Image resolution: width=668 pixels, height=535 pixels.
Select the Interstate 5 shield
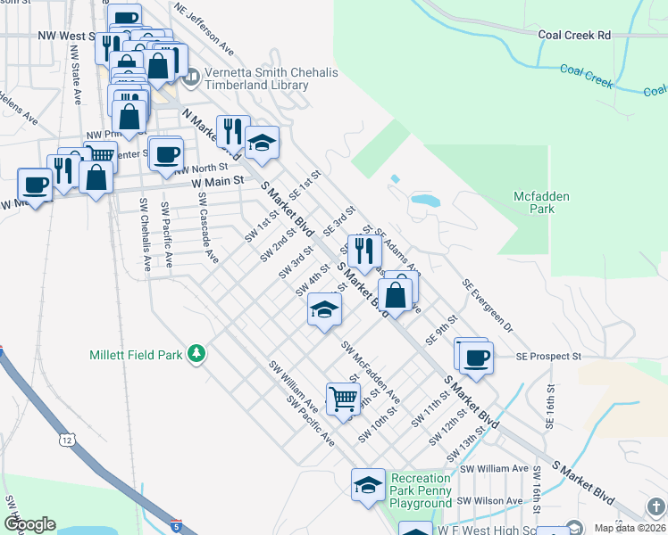tap(175, 526)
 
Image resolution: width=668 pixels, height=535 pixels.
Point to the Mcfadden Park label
tap(541, 202)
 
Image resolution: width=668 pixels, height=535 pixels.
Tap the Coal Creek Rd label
tap(574, 35)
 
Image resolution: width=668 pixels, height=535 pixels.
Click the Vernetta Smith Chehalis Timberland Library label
tap(256, 79)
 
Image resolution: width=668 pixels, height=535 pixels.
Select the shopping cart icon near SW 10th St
tap(342, 398)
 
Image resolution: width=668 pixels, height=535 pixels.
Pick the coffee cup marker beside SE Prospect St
tap(475, 357)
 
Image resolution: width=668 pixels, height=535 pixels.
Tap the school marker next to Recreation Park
tap(367, 485)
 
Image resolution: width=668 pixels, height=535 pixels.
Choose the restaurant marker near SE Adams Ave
tap(363, 251)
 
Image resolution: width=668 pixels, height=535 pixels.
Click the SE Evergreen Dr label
tap(488, 304)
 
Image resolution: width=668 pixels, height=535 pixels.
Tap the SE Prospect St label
tap(548, 356)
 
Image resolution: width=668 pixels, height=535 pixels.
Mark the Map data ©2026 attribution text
tap(629, 528)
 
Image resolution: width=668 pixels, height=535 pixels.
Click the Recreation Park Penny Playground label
tap(421, 490)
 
